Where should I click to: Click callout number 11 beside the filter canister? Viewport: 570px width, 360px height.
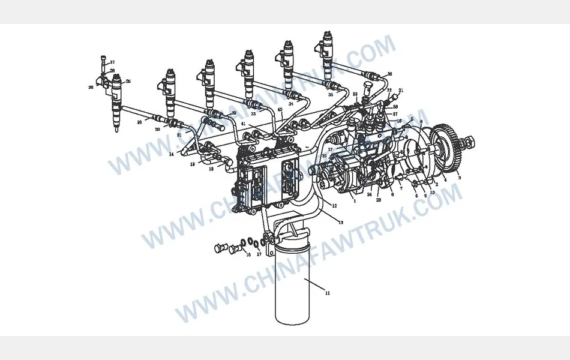(x=328, y=293)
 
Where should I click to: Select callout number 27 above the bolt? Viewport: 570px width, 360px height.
(x=112, y=62)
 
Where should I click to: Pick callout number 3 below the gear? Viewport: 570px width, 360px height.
(x=459, y=178)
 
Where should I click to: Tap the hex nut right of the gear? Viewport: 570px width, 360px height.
(x=471, y=144)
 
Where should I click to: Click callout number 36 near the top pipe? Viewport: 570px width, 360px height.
(x=389, y=74)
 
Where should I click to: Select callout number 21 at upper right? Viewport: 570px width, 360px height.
(x=401, y=91)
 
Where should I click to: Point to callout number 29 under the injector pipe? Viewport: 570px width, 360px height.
(x=139, y=122)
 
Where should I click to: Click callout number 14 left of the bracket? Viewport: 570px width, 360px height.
(x=171, y=154)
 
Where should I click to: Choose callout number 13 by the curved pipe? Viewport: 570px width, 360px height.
(x=340, y=223)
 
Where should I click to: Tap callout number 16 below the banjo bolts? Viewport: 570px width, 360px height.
(x=247, y=255)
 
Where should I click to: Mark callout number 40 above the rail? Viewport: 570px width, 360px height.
(x=280, y=110)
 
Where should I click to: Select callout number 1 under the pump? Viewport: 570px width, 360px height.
(x=355, y=202)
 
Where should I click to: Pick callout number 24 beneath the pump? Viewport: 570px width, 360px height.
(x=370, y=194)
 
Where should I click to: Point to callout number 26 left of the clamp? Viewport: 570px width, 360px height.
(x=91, y=87)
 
